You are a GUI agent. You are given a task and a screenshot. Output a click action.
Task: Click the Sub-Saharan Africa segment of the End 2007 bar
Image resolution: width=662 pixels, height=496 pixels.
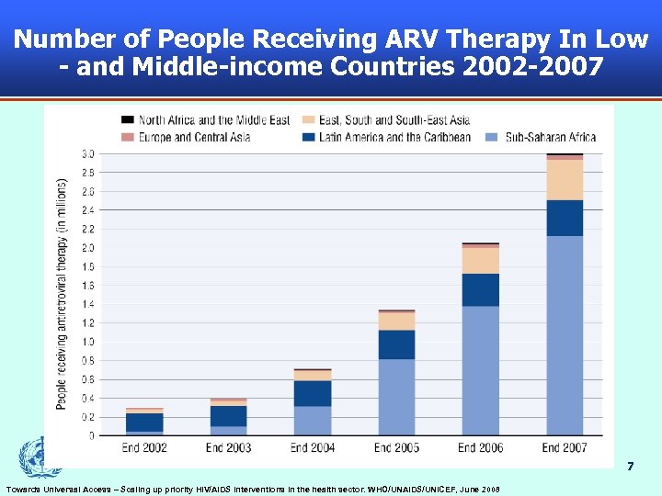point(565,335)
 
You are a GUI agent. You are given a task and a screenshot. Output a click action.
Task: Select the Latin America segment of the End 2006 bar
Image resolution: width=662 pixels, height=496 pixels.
point(480,289)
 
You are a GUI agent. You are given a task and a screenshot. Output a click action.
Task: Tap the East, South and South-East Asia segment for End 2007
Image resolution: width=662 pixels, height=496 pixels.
point(565,180)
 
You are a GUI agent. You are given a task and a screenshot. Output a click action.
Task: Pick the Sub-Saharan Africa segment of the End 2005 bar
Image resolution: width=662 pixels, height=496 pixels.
point(396,397)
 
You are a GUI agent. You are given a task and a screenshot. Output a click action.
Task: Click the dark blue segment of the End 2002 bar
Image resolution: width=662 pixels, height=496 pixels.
point(144,422)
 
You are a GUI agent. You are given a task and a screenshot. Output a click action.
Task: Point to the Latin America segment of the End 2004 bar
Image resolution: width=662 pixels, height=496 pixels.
point(313,393)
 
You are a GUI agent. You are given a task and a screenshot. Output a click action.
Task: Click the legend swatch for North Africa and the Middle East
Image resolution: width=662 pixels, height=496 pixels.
point(128,120)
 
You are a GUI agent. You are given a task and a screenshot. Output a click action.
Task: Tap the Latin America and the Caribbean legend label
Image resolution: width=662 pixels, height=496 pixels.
point(394,137)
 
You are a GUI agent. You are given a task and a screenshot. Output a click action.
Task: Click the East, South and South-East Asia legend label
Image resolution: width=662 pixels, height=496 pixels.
point(394,120)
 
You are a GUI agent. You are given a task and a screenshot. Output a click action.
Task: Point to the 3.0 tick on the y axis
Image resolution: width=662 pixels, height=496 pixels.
point(88,153)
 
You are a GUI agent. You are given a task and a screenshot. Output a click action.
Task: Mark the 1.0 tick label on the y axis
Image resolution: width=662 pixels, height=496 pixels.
point(88,342)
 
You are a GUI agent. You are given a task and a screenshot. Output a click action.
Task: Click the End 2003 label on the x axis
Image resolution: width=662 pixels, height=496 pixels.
point(229,448)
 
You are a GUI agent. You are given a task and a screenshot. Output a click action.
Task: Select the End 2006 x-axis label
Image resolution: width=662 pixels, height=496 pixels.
point(480,448)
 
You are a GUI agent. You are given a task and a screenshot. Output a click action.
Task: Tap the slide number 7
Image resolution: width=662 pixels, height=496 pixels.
point(630,467)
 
